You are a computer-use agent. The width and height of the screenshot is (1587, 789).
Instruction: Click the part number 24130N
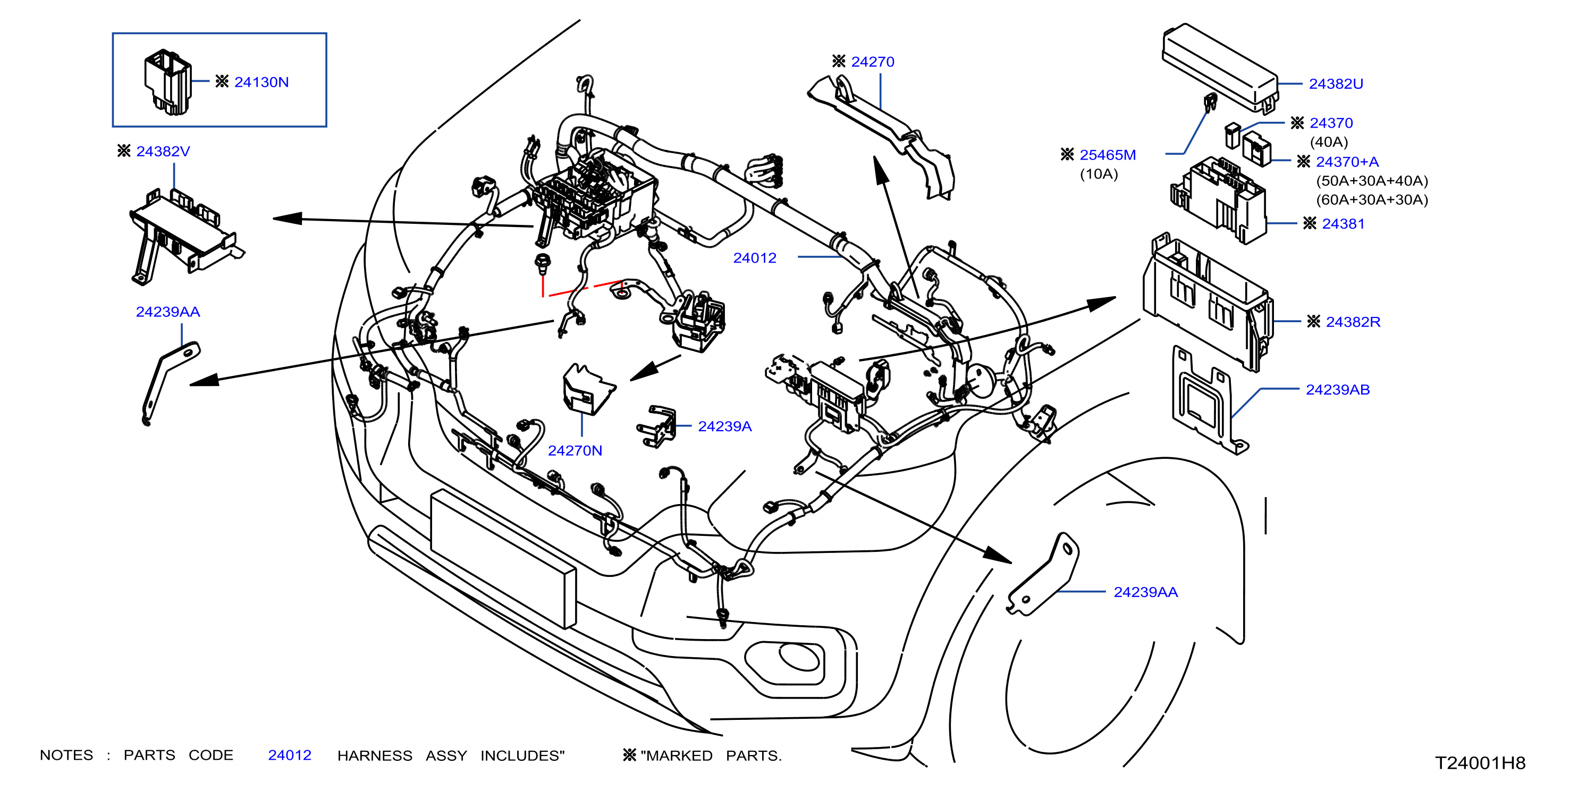click(x=261, y=82)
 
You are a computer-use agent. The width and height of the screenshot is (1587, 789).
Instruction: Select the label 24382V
click(x=163, y=151)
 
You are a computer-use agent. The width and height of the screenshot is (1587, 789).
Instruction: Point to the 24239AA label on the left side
click(x=167, y=312)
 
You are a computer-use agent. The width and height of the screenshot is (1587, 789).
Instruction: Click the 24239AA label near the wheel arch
click(x=1145, y=592)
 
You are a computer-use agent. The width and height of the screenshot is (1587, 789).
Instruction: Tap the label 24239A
click(x=724, y=426)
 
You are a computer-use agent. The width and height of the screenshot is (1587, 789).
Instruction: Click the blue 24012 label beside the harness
click(x=755, y=258)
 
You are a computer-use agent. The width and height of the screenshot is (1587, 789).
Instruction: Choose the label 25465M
click(x=1108, y=155)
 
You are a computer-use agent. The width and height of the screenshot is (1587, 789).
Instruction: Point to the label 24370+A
click(x=1347, y=162)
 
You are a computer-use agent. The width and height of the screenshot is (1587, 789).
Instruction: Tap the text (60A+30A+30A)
click(x=1372, y=200)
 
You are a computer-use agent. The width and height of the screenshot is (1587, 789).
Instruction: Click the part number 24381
click(x=1343, y=224)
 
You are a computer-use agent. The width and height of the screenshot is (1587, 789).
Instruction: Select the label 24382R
click(x=1353, y=322)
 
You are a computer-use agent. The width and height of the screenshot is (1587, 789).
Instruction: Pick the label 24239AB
click(x=1338, y=390)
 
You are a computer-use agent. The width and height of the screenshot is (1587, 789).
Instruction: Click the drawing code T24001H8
click(x=1480, y=763)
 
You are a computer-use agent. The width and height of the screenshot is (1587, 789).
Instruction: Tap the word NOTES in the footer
click(x=66, y=755)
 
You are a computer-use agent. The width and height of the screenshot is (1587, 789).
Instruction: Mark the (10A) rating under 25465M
click(x=1099, y=174)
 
